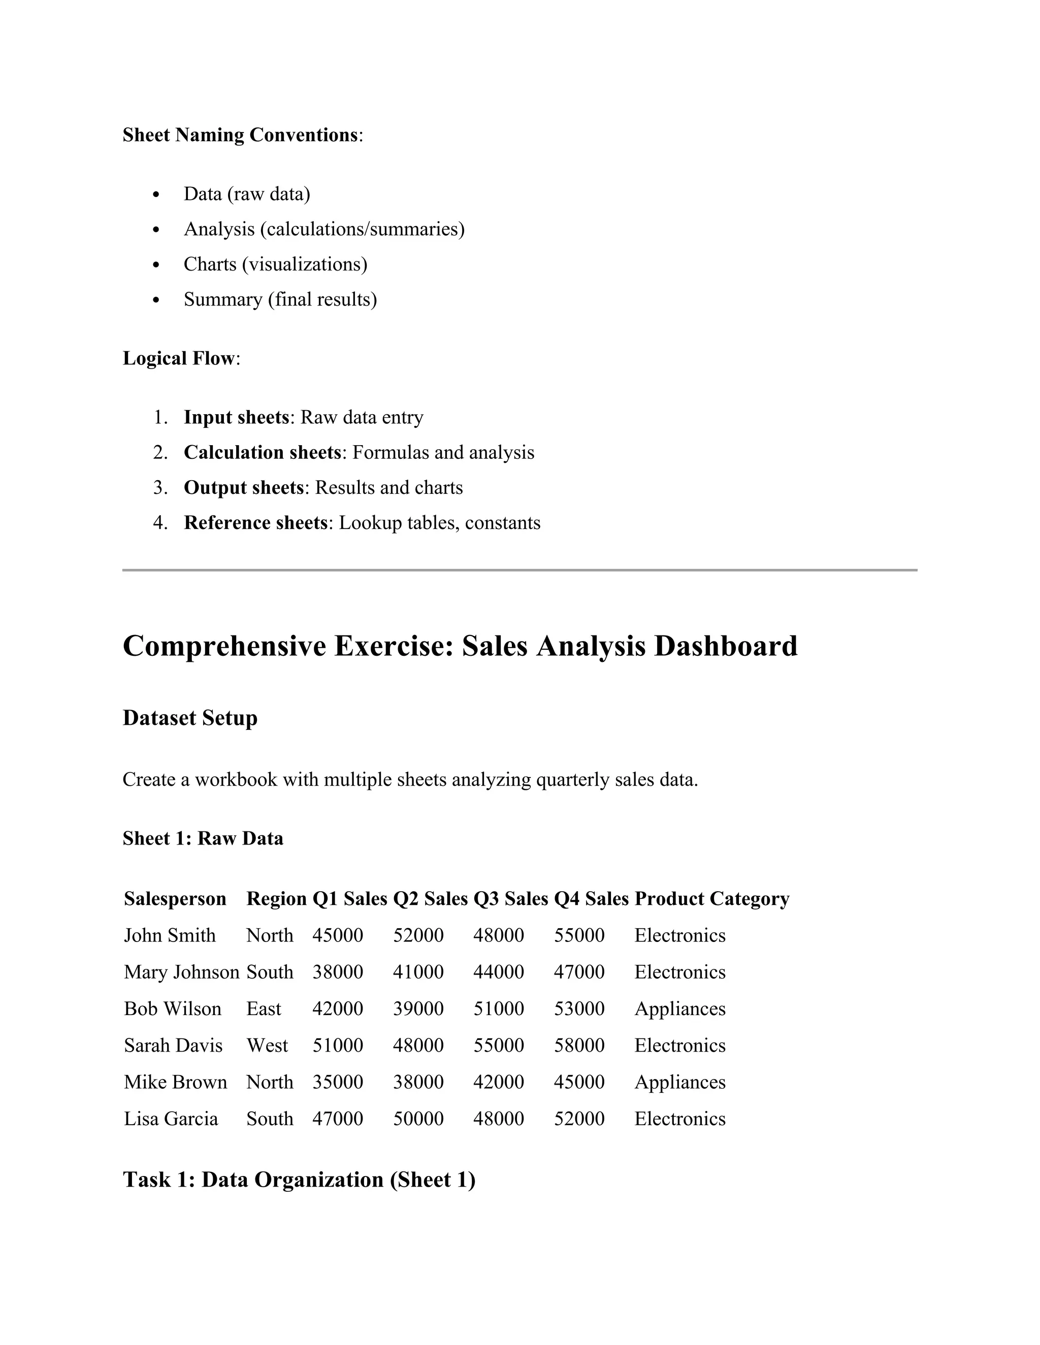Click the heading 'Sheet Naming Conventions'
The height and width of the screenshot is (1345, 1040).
pyautogui.click(x=240, y=135)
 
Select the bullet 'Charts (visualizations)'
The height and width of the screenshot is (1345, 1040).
pyautogui.click(x=275, y=264)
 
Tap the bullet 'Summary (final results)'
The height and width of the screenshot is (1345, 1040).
pyautogui.click(x=280, y=299)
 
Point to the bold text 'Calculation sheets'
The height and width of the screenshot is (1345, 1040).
pyautogui.click(x=263, y=453)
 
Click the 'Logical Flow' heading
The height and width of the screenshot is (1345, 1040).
pyautogui.click(x=179, y=358)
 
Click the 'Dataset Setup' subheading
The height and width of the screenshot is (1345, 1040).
pyautogui.click(x=190, y=718)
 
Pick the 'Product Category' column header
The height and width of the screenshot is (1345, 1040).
pyautogui.click(x=711, y=899)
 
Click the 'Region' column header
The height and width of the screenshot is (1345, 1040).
pyautogui.click(x=276, y=899)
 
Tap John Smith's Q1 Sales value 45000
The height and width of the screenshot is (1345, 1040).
pyautogui.click(x=338, y=935)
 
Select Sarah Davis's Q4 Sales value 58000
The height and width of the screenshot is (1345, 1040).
pyautogui.click(x=579, y=1046)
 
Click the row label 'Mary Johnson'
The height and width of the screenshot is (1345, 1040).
pyautogui.click(x=181, y=972)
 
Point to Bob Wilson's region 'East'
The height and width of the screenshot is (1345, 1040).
pyautogui.click(x=264, y=1009)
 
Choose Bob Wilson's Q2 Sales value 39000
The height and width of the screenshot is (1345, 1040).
pyautogui.click(x=418, y=1009)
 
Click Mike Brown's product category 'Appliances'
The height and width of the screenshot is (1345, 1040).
pyautogui.click(x=679, y=1082)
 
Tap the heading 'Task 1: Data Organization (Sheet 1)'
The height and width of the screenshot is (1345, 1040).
pyautogui.click(x=299, y=1180)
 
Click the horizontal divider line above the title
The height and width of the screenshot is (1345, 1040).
pyautogui.click(x=519, y=570)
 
